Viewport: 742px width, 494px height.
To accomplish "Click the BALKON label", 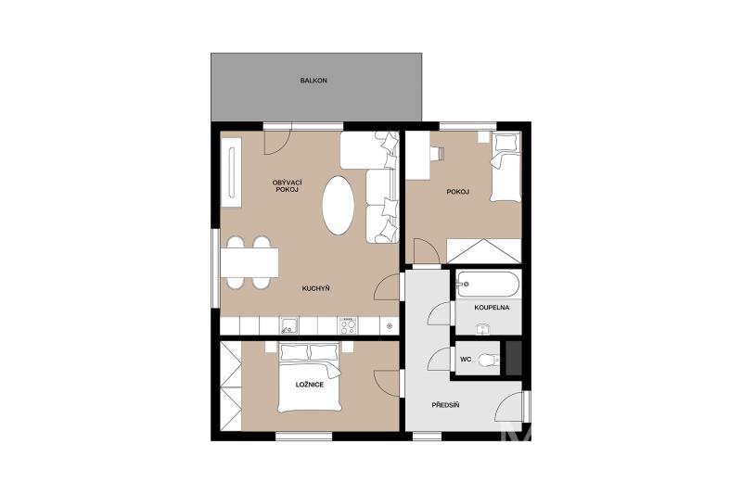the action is coord(313,81).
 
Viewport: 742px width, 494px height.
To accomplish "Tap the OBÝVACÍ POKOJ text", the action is coord(288,185).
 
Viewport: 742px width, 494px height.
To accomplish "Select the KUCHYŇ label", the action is coord(315,288).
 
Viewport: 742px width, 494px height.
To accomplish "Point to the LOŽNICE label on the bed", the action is coord(310,385).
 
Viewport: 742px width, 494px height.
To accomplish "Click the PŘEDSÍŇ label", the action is coord(445,405).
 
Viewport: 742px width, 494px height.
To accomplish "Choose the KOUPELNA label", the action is coord(492,308).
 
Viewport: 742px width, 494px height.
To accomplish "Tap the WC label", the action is coord(466,360).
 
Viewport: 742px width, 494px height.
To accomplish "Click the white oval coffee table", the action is coord(338,205).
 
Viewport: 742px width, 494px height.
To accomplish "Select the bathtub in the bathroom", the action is coord(488,285).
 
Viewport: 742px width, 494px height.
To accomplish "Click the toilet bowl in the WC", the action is coord(489,361).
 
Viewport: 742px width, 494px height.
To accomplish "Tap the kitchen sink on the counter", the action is coord(288,325).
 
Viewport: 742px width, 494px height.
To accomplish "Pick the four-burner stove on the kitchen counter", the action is coord(348,325).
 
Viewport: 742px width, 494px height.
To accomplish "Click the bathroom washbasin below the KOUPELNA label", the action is coord(481,329).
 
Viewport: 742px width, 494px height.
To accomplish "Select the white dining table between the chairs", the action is coord(249,263).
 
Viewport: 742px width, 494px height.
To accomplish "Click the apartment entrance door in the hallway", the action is coord(511,407).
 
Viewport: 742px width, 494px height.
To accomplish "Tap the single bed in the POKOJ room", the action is coord(505,167).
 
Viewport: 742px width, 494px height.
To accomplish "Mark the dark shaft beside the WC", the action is coord(514,358).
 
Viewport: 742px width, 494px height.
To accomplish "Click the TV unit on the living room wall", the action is coord(231,172).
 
